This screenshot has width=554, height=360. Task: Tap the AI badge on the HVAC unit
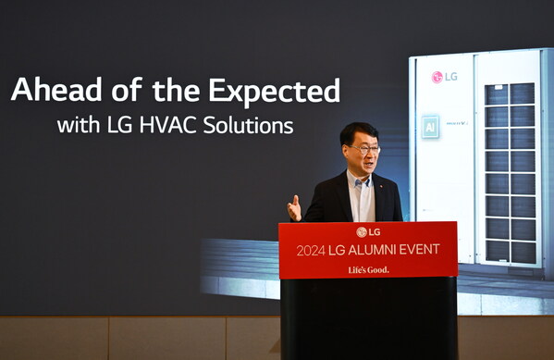click(x=430, y=126)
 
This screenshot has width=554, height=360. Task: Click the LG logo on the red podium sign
click(x=367, y=231)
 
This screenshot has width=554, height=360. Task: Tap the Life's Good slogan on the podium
click(x=367, y=269)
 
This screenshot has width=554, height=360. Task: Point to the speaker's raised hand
click(x=294, y=208)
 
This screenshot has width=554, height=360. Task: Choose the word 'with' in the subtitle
click(x=76, y=124)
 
